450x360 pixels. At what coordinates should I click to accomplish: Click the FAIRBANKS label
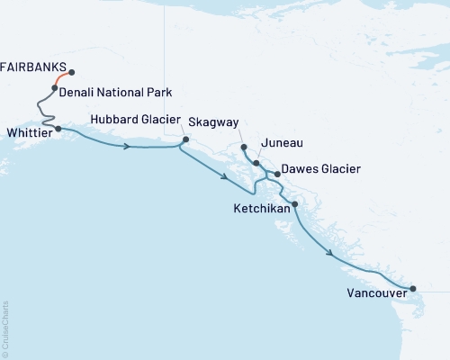coord(31,66)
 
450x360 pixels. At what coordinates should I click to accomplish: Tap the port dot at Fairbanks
coord(71,73)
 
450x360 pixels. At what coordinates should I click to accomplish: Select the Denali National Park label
coord(115,92)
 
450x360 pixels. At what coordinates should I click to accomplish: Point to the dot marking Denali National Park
coord(55,88)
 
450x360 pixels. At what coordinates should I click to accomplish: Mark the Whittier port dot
coord(58,129)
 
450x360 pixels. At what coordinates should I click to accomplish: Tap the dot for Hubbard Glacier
coord(185,139)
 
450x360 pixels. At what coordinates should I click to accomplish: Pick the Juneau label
coord(280,143)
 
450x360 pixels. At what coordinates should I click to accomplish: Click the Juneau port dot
coord(256,164)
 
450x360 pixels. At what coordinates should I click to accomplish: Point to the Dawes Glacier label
coord(321,168)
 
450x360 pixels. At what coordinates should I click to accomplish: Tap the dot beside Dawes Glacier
coord(277,174)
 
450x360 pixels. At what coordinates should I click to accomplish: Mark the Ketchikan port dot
coord(294,205)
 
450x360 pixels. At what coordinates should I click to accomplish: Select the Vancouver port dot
coord(413,289)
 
